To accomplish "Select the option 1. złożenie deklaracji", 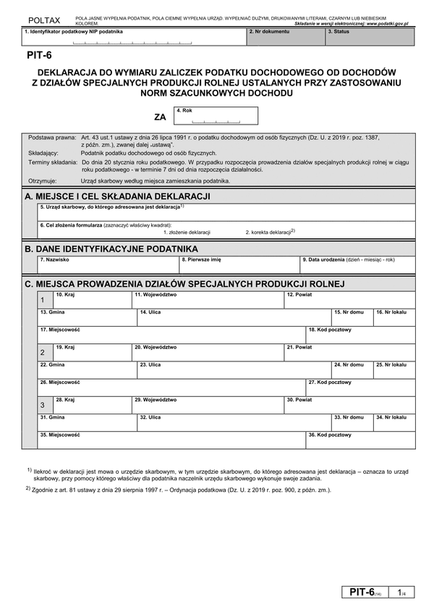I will (187, 232).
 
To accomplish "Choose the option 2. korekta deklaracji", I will (269, 232).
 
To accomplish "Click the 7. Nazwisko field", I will (108, 264).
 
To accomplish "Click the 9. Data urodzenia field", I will (357, 264).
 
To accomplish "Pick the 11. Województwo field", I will (207, 300).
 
